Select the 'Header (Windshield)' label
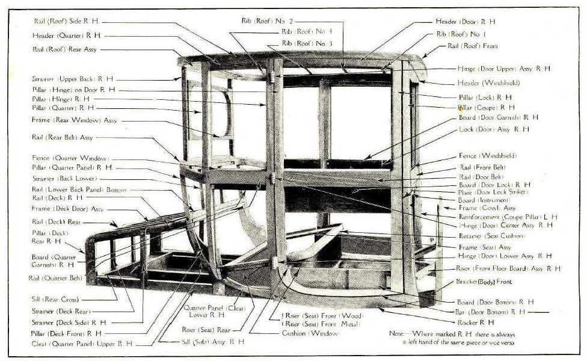point(488,82)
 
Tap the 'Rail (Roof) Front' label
point(473,46)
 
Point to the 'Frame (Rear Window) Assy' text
point(75,120)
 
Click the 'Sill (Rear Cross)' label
point(55,299)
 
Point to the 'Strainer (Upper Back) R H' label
point(73,79)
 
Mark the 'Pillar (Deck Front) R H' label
point(66,333)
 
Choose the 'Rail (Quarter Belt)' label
point(55,278)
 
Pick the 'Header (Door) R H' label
point(466,22)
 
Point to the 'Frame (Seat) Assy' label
point(485,247)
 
